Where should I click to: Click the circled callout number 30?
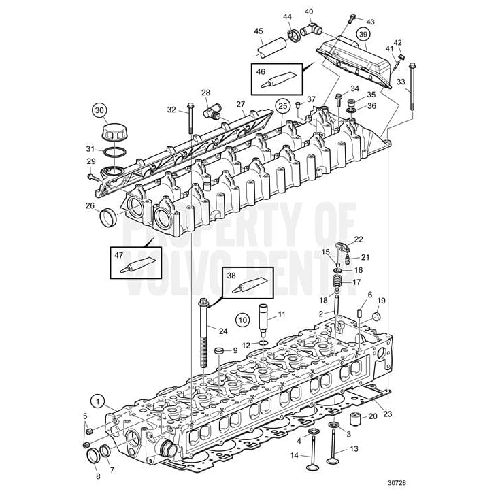click(99, 110)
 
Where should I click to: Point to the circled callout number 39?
click(363, 35)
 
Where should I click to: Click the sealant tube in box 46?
click(278, 80)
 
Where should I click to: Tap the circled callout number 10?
click(243, 318)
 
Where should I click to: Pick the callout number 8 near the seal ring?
click(97, 476)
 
